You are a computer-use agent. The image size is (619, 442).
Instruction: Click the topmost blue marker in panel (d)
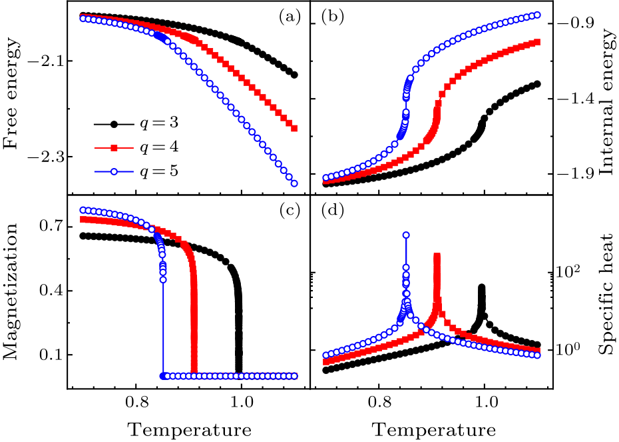point(406,235)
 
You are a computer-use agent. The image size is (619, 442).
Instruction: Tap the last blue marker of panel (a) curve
point(294,183)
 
